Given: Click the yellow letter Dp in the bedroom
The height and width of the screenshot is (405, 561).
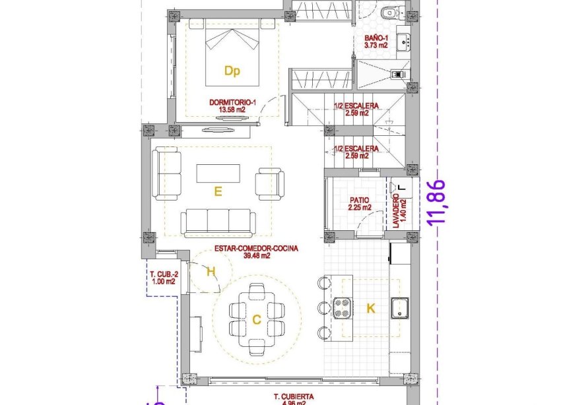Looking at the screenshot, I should coord(231,71).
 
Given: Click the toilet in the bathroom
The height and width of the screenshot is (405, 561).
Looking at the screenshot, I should coord(389,11).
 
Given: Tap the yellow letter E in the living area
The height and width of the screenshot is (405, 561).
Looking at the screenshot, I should coord(217,191).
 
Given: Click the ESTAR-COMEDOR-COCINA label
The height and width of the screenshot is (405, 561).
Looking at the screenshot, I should coord(256,253).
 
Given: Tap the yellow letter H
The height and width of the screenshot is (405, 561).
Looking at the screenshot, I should coord(211,270).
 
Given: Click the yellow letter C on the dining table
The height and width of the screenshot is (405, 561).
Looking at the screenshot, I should coord(256,319).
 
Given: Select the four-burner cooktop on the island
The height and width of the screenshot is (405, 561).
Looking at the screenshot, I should coord(343,307).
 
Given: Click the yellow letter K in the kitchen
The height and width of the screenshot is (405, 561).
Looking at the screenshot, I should coord(371,307).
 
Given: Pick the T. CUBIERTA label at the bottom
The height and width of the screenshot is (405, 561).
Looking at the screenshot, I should coord(294,398).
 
